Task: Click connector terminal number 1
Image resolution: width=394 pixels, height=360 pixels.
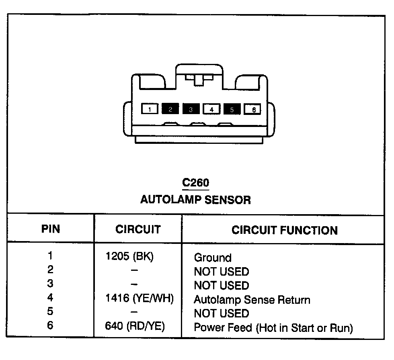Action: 150,109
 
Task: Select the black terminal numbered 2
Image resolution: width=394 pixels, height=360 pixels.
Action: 170,109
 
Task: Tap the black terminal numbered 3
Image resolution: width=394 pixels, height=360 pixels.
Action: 191,109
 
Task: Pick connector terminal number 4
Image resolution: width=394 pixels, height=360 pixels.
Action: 212,109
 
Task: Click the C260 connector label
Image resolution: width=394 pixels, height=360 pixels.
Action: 195,183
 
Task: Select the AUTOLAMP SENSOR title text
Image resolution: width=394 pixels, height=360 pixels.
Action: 195,200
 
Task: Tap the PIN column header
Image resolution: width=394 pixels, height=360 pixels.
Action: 51,229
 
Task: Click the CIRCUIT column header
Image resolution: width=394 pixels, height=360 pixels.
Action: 138,229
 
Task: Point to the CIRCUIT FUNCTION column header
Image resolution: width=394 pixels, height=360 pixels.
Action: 284,230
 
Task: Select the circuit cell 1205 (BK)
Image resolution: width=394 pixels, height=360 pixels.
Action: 129,256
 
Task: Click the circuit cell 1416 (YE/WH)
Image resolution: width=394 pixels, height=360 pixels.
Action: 139,299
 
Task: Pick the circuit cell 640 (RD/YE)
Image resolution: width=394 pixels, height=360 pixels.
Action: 135,327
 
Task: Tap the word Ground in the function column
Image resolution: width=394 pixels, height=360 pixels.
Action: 213,258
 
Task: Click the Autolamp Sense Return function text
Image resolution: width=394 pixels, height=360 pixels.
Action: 252,300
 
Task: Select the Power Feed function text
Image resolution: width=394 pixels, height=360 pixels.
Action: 273,327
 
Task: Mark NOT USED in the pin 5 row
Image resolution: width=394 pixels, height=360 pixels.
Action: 221,313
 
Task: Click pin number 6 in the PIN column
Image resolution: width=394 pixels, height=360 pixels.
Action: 50,326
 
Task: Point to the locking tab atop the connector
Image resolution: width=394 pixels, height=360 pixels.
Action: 199,79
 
